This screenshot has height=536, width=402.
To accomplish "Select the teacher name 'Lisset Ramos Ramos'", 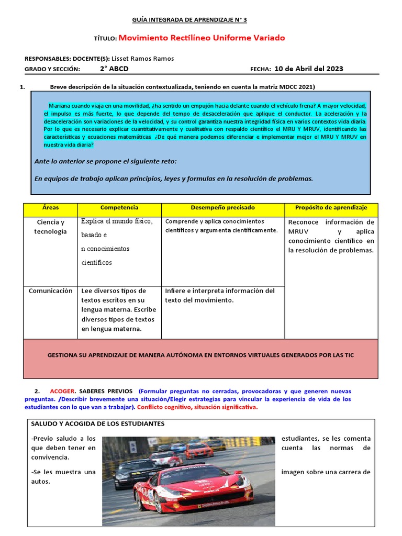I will pyautogui.click(x=143, y=59).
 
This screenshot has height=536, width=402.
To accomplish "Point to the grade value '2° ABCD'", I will pyautogui.click(x=114, y=69).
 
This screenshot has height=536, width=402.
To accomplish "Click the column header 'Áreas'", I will pyautogui.click(x=50, y=208).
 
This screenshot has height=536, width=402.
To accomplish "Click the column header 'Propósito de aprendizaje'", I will pyautogui.click(x=331, y=208).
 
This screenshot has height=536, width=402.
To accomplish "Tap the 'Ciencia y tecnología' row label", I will pyautogui.click(x=50, y=227).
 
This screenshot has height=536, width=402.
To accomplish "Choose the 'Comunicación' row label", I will pyautogui.click(x=50, y=291).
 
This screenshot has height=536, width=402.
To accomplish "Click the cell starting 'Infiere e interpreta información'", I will pyautogui.click(x=219, y=295).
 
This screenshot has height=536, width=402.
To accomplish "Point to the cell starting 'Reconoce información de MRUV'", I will pyautogui.click(x=331, y=236).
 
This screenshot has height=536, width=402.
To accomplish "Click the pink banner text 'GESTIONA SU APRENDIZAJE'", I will pyautogui.click(x=200, y=355).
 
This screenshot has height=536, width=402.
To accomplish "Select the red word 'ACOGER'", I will pyautogui.click(x=63, y=391).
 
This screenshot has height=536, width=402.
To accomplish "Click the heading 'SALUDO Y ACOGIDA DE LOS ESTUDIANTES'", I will pyautogui.click(x=98, y=423).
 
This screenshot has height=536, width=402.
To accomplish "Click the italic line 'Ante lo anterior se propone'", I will pyautogui.click(x=105, y=161).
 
